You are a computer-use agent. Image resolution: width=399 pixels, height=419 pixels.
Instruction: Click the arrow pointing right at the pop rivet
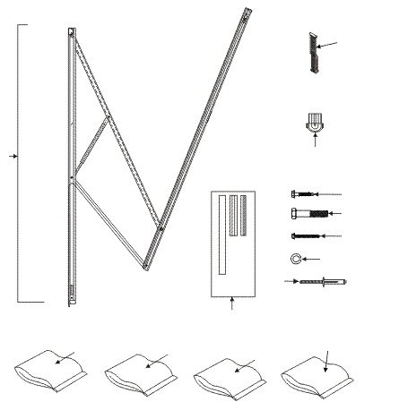click(x=291, y=281)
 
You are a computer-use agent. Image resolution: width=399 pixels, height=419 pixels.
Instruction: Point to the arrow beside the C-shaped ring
click(x=316, y=259)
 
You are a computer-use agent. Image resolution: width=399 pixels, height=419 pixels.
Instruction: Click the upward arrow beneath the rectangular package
click(x=232, y=304)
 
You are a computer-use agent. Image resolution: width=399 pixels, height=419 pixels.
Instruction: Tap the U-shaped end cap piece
click(x=313, y=128)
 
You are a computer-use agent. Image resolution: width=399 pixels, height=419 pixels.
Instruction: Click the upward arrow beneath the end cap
click(x=314, y=148)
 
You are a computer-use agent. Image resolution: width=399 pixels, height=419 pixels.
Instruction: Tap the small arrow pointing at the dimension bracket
click(x=13, y=156)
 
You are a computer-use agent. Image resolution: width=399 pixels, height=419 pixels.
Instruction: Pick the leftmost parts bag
click(x=50, y=372)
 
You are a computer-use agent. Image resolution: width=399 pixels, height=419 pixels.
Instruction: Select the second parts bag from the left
click(x=139, y=372)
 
